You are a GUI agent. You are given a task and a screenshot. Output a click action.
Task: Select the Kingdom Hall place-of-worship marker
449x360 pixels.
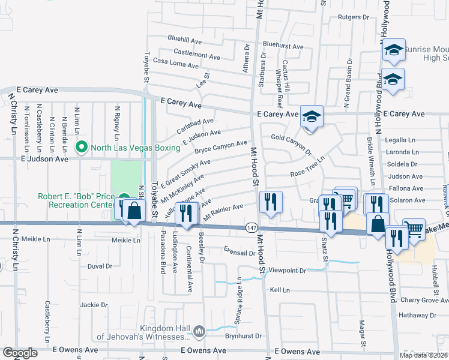(199, 330)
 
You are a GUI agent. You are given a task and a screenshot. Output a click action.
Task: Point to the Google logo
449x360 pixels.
(20, 353)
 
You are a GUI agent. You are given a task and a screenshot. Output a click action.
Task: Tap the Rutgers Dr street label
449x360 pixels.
(352, 17)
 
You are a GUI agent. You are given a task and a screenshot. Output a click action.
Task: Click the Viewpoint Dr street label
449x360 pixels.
(288, 271)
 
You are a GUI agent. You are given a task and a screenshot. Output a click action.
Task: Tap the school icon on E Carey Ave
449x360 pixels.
(312, 117)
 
